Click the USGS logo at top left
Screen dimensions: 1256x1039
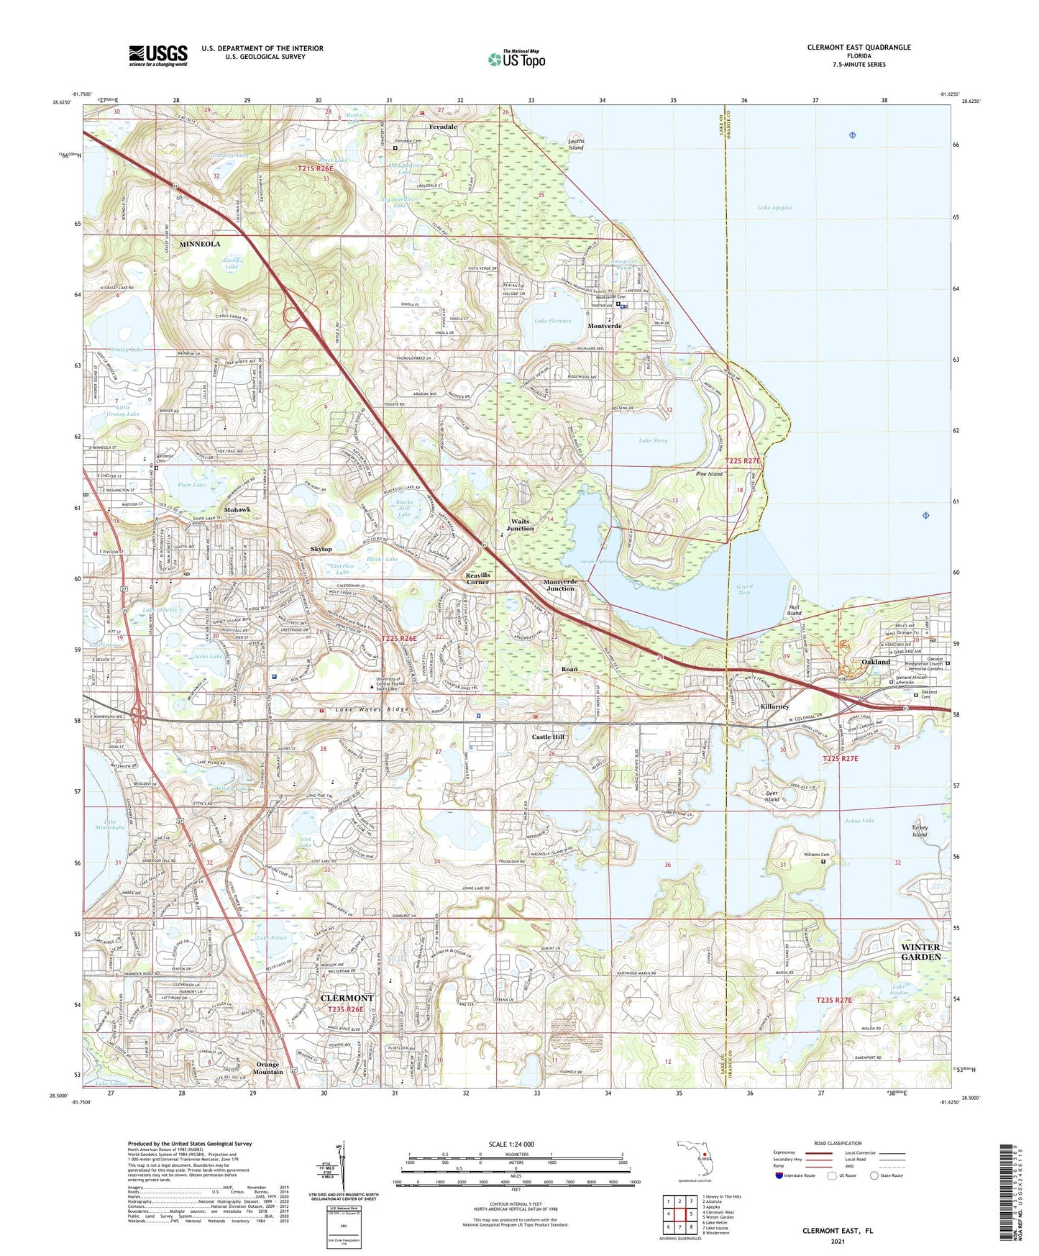point(158,55)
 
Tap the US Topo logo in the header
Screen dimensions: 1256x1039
point(516,59)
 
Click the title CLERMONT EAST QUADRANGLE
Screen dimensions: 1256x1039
point(859,47)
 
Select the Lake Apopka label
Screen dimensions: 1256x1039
point(774,208)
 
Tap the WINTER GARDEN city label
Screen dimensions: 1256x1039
point(920,952)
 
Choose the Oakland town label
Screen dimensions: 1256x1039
point(876,662)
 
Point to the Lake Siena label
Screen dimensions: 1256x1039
point(654,440)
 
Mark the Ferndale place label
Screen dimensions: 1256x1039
point(443,127)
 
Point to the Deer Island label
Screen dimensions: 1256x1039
point(772,796)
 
